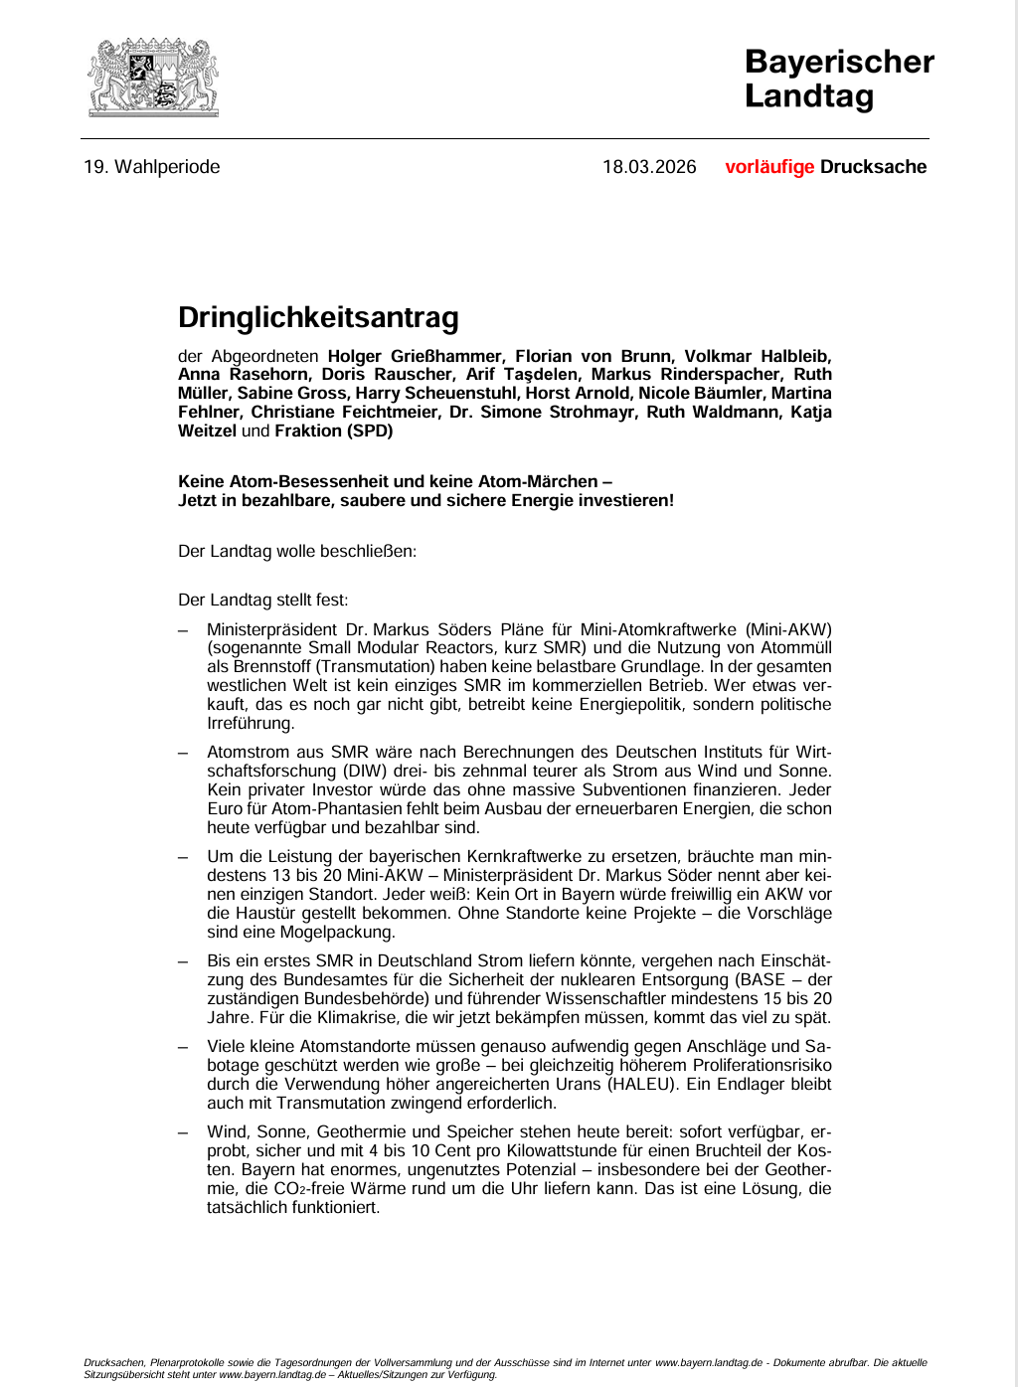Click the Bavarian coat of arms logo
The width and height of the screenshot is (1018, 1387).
click(x=153, y=78)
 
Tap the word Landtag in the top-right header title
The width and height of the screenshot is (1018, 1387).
click(x=809, y=96)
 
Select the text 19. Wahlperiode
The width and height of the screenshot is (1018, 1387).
click(x=151, y=167)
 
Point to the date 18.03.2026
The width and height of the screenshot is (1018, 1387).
click(x=649, y=167)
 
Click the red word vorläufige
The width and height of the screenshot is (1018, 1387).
click(x=769, y=167)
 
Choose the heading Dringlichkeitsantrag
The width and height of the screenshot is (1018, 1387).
click(x=318, y=318)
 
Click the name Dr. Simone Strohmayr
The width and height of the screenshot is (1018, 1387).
click(x=557, y=413)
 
